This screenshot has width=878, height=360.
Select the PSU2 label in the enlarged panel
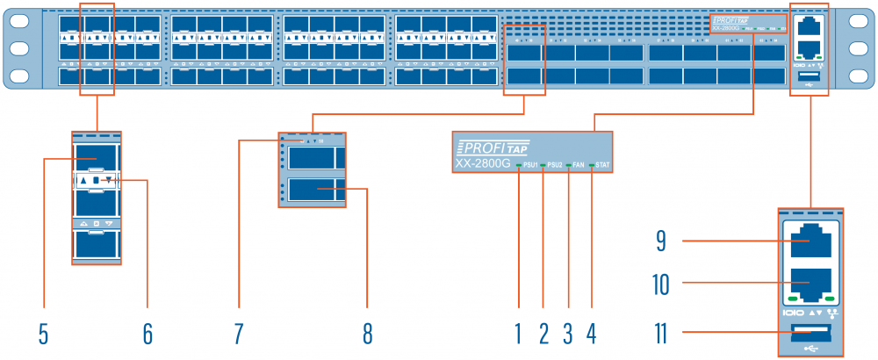pos(555,165)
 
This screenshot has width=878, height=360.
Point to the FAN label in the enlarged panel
pos(579,165)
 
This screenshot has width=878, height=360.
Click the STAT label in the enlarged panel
pos(602,165)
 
